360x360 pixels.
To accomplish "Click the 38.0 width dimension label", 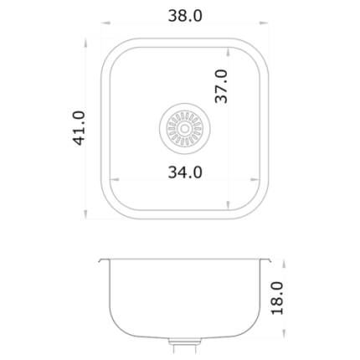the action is (x=185, y=16).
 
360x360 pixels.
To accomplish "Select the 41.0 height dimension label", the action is (x=79, y=128).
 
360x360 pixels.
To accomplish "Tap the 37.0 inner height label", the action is (x=221, y=86).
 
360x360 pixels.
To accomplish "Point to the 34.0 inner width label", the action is (x=185, y=172).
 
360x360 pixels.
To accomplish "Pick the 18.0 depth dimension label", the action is (x=277, y=298).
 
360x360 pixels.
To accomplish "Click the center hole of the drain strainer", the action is (x=184, y=129).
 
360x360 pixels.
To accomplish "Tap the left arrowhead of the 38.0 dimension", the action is (x=105, y=23).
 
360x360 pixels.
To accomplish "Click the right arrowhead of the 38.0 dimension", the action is (x=264, y=23).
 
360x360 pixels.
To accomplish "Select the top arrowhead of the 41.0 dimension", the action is (x=85, y=43).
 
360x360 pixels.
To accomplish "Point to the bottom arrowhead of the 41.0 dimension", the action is (x=85, y=214).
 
